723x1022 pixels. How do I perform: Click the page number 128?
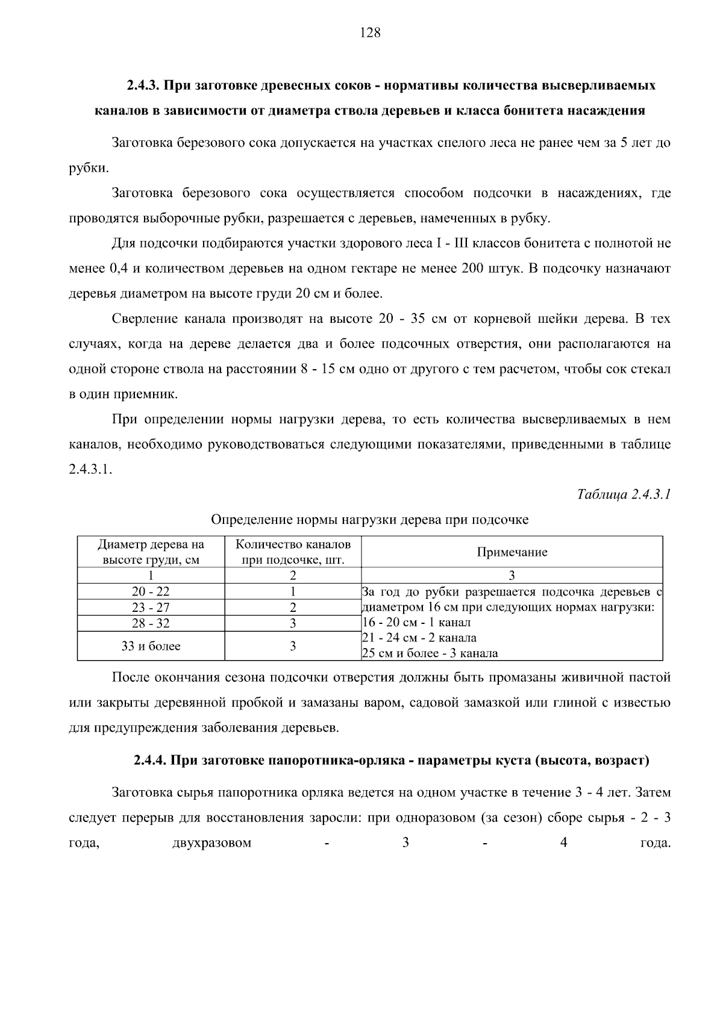pyautogui.click(x=370, y=33)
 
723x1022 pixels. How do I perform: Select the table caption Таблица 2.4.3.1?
pyautogui.click(x=624, y=494)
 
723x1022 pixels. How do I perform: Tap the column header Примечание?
pyautogui.click(x=512, y=552)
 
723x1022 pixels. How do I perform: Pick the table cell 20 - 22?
pyautogui.click(x=151, y=591)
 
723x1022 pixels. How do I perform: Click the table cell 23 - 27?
pyautogui.click(x=151, y=608)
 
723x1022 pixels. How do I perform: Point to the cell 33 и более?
pyautogui.click(x=151, y=646)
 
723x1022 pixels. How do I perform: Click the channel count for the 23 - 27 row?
pyautogui.click(x=293, y=608)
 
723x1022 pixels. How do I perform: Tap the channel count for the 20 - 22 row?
pyautogui.click(x=293, y=591)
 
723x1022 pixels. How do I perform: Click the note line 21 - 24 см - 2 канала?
pyautogui.click(x=419, y=638)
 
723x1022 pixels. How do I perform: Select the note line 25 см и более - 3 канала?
pyautogui.click(x=430, y=653)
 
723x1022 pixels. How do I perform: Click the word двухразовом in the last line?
pyautogui.click(x=211, y=843)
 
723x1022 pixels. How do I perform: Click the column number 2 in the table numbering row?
pyautogui.click(x=293, y=575)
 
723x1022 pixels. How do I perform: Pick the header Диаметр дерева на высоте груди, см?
pyautogui.click(x=151, y=552)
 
